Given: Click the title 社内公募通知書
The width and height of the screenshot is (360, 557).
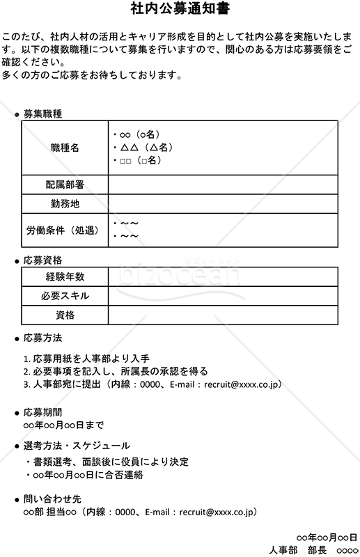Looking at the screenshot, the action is pyautogui.click(x=180, y=9).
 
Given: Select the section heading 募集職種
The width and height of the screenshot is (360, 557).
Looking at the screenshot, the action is pyautogui.click(x=42, y=113).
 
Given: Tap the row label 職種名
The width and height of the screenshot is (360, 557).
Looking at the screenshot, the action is pyautogui.click(x=65, y=148).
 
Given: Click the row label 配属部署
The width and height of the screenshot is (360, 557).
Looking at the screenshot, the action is pyautogui.click(x=65, y=185).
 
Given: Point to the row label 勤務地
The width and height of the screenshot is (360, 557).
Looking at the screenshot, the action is pyautogui.click(x=65, y=204).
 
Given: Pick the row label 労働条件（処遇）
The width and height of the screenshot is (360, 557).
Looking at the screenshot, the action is pyautogui.click(x=65, y=230).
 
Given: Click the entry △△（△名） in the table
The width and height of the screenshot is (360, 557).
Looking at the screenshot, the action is pyautogui.click(x=142, y=148).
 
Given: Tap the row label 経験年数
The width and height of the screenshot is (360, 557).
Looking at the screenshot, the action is pyautogui.click(x=65, y=276).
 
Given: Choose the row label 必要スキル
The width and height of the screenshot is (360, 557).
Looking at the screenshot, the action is pyautogui.click(x=65, y=296).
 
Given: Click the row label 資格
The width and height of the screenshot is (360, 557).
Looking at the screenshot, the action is pyautogui.click(x=65, y=315).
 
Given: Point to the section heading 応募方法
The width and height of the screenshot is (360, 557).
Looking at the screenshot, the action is pyautogui.click(x=42, y=338).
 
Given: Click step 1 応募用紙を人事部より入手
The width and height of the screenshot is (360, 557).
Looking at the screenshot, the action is pyautogui.click(x=86, y=359).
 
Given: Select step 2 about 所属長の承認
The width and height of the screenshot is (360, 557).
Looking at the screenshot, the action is pyautogui.click(x=116, y=371).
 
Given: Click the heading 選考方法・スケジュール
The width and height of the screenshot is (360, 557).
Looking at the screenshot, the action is pyautogui.click(x=77, y=446).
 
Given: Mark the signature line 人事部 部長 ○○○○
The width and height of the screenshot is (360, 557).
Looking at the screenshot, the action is pyautogui.click(x=313, y=550).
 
